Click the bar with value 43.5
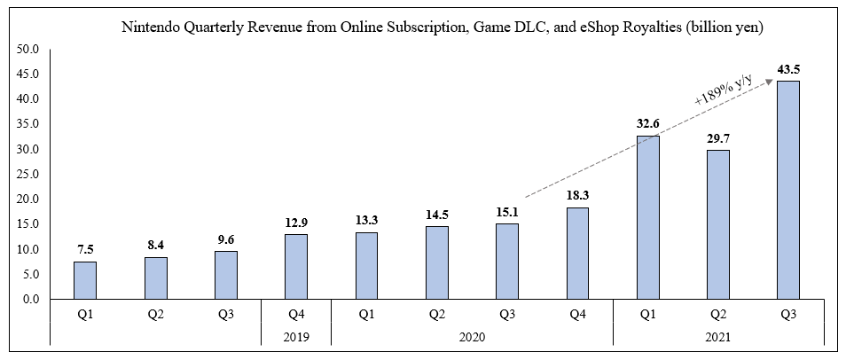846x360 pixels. [x=787, y=190]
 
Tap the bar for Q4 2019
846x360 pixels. [x=296, y=266]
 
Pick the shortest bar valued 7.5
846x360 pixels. [x=85, y=280]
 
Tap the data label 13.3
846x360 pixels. [x=366, y=217]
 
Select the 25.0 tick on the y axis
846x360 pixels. [x=27, y=175]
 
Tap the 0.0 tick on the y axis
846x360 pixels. [x=30, y=300]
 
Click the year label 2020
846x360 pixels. [x=472, y=338]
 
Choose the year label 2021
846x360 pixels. [x=717, y=338]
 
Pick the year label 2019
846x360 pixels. [x=296, y=338]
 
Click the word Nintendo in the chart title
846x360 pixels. [x=148, y=28]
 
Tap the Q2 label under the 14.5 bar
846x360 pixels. [x=436, y=313]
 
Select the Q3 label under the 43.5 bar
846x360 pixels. [x=787, y=313]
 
